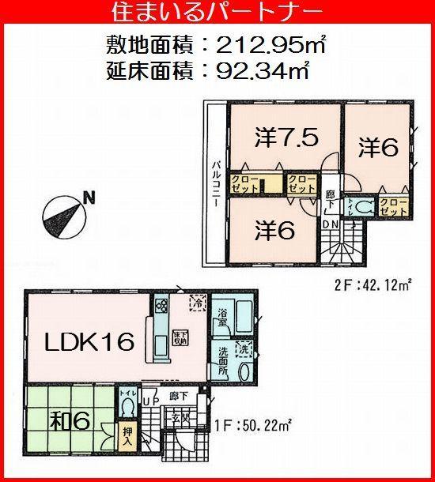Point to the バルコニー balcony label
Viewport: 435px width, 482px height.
click(214, 183)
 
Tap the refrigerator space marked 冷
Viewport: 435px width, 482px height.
click(195, 299)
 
